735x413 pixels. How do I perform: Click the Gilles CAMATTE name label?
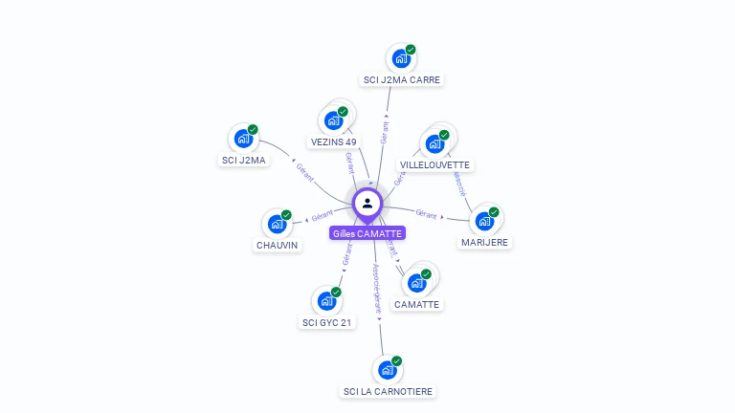coord(367,233)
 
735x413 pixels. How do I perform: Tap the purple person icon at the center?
coord(367,203)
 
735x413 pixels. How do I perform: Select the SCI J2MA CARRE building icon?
coord(400,58)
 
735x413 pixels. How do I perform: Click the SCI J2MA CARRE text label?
coord(402,80)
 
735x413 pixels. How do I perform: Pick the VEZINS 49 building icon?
coord(332,120)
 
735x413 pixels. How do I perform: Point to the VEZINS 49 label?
coord(334,141)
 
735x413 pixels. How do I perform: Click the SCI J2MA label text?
coord(243,160)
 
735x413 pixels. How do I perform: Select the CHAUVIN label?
coord(277,245)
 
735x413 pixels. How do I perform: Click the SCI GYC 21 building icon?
coord(326,301)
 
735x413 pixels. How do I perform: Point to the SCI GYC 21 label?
coord(328,322)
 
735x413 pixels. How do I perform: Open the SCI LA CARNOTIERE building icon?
coord(387,370)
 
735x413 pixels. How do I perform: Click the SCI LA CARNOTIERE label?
coord(388,391)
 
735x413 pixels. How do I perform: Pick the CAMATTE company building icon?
coord(416,283)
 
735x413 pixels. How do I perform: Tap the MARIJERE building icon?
coord(484,221)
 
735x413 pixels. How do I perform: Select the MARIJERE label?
coord(485,243)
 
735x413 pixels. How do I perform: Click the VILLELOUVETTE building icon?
coord(434,144)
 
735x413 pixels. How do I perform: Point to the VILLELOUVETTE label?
coord(435,164)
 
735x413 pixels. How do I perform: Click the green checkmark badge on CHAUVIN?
coord(286,215)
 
